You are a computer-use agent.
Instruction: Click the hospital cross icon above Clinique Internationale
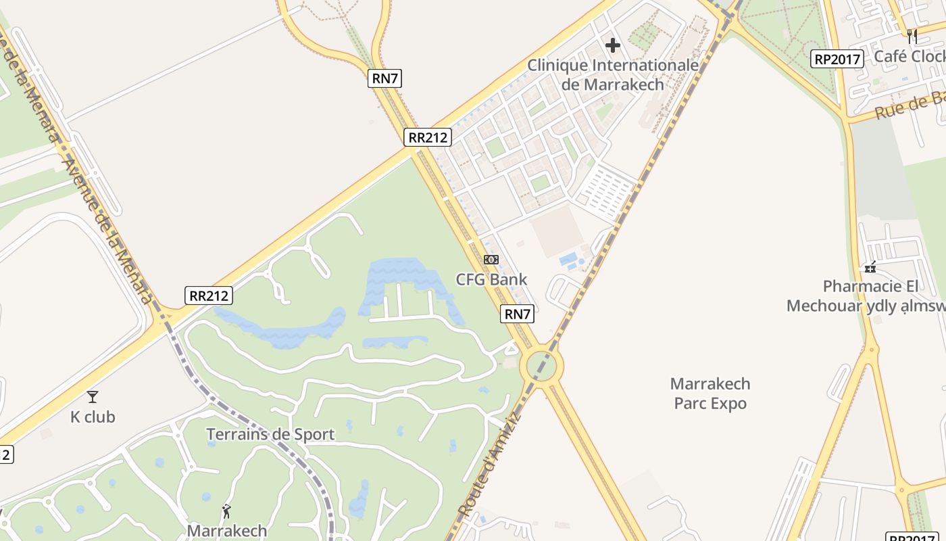[613, 45]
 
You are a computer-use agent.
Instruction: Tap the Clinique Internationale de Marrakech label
[613, 75]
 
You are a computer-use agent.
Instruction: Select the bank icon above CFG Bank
[491, 260]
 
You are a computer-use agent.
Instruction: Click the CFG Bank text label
[491, 279]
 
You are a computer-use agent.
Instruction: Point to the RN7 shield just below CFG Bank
[518, 314]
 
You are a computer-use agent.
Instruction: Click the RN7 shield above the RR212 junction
[385, 78]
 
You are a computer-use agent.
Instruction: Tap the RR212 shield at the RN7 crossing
[428, 137]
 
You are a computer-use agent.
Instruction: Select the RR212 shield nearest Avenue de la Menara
[209, 296]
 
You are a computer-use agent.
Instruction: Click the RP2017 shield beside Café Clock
[837, 60]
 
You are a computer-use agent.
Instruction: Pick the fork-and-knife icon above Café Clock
[912, 36]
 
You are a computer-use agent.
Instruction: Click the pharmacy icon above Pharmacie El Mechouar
[870, 267]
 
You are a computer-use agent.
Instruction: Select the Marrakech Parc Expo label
[710, 394]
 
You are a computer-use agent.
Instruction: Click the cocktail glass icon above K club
[93, 397]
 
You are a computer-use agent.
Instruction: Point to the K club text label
[93, 417]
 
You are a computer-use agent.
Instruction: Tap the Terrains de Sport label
[270, 434]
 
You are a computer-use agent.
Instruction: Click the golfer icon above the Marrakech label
[226, 511]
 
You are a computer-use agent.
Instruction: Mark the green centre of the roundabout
[541, 366]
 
